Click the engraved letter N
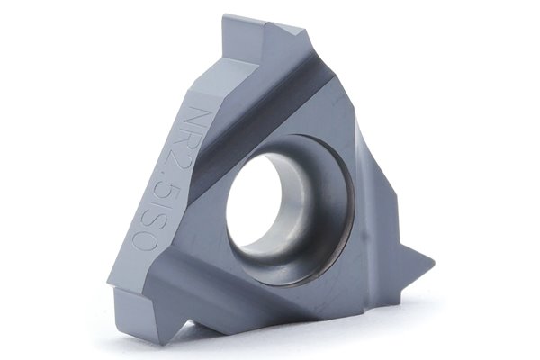pyautogui.click(x=193, y=116)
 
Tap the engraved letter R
pyautogui.click(x=188, y=139)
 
